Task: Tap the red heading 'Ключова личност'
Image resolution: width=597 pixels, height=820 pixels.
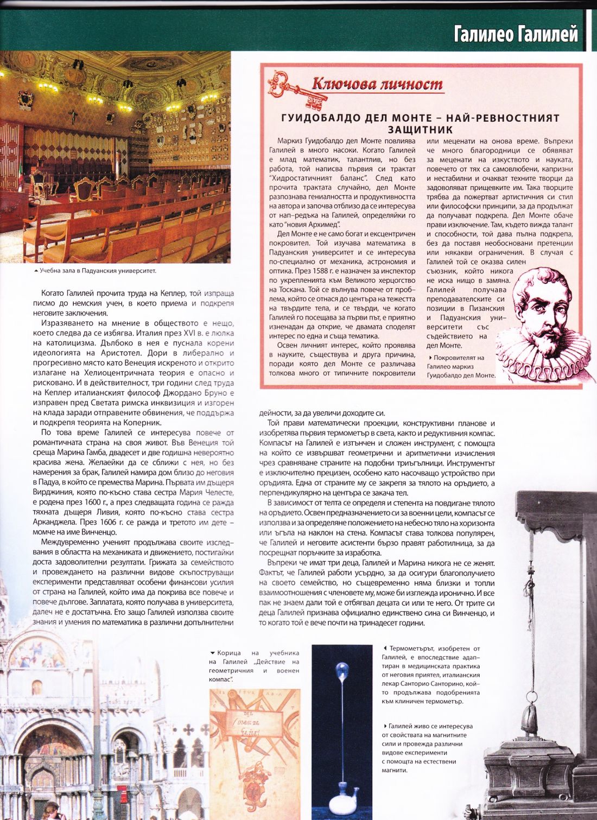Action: point(377,84)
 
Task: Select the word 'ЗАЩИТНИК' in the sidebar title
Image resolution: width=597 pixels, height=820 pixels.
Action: point(421,130)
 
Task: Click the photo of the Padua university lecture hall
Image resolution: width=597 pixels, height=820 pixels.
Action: point(115,157)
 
